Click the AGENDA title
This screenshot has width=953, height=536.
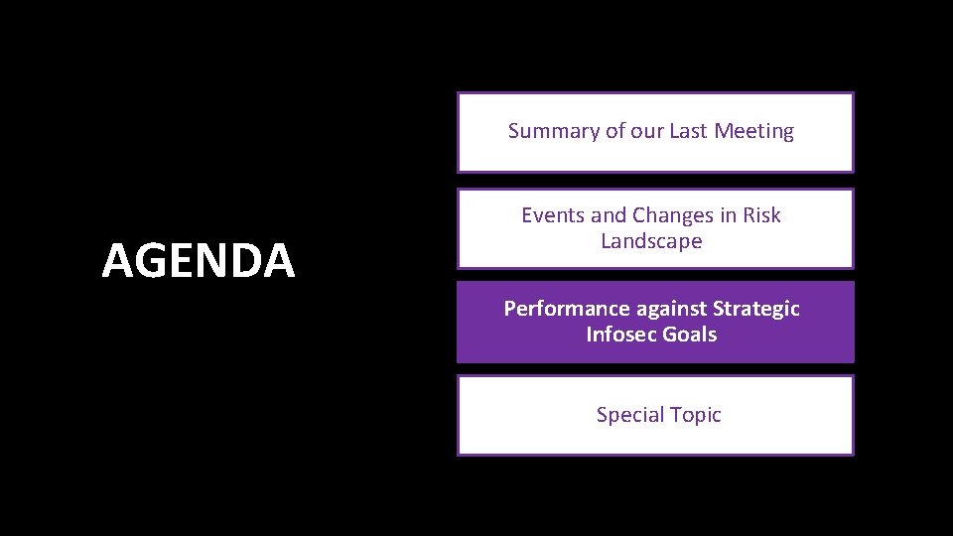click(x=199, y=261)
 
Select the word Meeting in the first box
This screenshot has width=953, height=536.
click(x=754, y=131)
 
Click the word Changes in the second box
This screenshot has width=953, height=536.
click(x=674, y=215)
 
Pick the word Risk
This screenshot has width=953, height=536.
click(x=761, y=215)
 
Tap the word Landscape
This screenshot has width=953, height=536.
click(x=651, y=241)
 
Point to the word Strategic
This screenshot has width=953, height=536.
click(x=756, y=309)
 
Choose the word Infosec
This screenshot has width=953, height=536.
click(x=621, y=335)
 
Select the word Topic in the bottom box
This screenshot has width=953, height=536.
click(x=696, y=415)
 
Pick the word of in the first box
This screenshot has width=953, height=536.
click(x=614, y=131)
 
